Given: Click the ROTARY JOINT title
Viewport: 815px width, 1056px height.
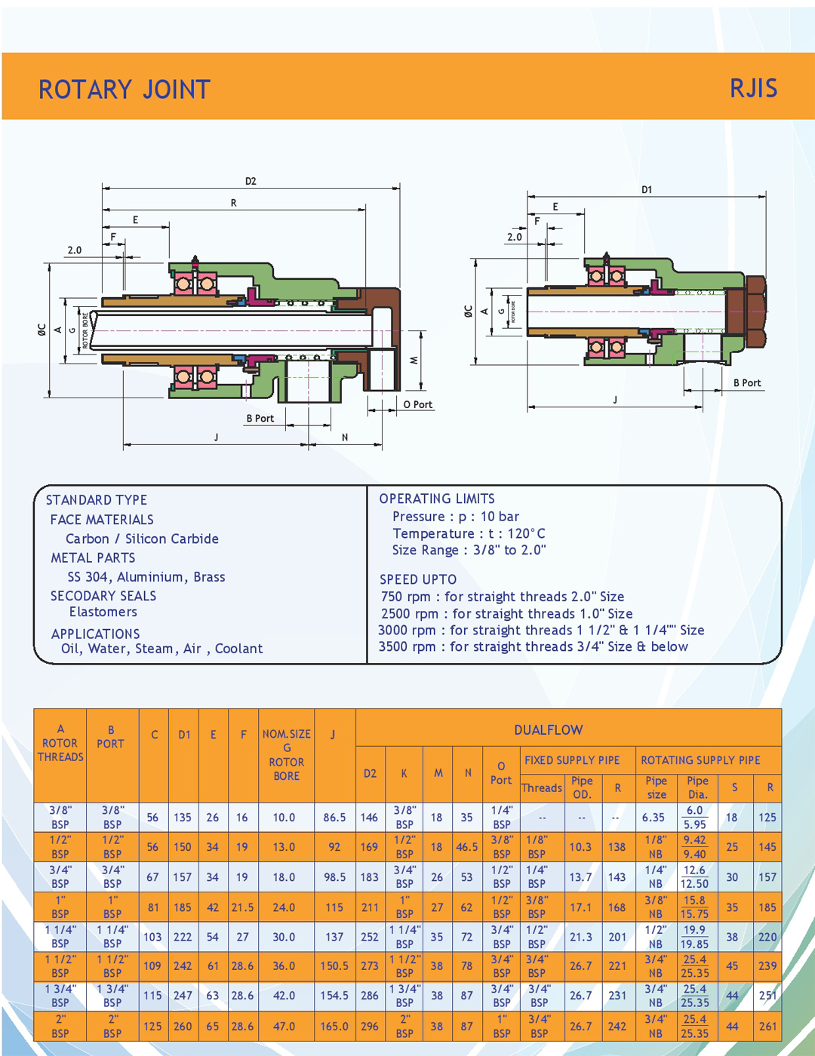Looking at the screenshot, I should pyautogui.click(x=125, y=90).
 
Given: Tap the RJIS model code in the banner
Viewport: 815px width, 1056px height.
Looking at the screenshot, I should pyautogui.click(x=753, y=88).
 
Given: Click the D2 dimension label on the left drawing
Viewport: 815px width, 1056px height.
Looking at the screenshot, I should pyautogui.click(x=251, y=181).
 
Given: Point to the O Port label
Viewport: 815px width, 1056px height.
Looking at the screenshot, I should pyautogui.click(x=417, y=404).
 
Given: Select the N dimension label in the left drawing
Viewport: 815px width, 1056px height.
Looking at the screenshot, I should pyautogui.click(x=345, y=437).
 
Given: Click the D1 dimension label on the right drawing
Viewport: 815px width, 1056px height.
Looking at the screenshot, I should pyautogui.click(x=647, y=189).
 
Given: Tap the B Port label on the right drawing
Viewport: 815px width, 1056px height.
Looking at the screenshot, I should pyautogui.click(x=747, y=382).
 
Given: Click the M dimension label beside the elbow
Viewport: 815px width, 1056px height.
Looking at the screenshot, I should pyautogui.click(x=414, y=361).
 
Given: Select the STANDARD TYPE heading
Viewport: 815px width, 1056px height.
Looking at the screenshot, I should pyautogui.click(x=97, y=500).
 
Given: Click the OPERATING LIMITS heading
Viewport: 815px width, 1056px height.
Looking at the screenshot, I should pyautogui.click(x=437, y=499).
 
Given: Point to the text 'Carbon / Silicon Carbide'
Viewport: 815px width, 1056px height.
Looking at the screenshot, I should pyautogui.click(x=142, y=539).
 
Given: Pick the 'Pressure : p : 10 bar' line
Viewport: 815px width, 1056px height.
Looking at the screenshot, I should pyautogui.click(x=456, y=517).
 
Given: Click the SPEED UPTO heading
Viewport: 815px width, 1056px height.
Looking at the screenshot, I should pyautogui.click(x=418, y=579).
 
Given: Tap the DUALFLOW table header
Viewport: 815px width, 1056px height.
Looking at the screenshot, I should pyautogui.click(x=549, y=729).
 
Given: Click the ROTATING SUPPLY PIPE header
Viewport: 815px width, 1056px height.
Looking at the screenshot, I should pyautogui.click(x=700, y=760).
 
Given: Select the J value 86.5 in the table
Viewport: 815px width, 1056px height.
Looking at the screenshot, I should pyautogui.click(x=334, y=817).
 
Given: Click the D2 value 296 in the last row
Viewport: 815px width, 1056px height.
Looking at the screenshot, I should pyautogui.click(x=370, y=1026).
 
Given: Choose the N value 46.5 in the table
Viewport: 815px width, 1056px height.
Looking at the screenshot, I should pyautogui.click(x=467, y=847).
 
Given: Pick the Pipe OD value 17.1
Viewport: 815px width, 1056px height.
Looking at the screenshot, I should pyautogui.click(x=580, y=907).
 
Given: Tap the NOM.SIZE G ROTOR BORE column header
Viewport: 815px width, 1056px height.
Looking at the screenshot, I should pyautogui.click(x=287, y=754).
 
